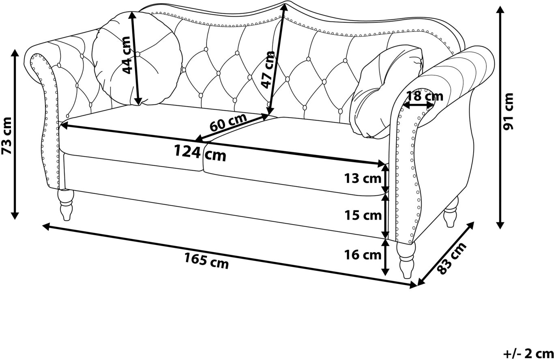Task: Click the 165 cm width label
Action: pos(206,261)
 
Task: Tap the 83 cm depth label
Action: pos(453,259)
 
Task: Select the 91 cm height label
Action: pos(508,111)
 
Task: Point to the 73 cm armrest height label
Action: pos(7,136)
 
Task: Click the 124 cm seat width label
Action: pos(200,152)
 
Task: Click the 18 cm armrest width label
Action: pos(425,96)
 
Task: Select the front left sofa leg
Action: pos(66,204)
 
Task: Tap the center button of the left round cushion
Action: pos(138,54)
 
